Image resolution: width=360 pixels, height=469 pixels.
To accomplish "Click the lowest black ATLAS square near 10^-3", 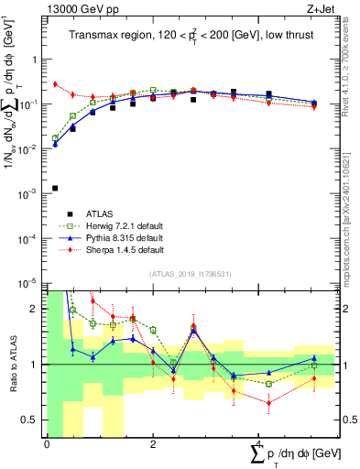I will (x=55, y=188).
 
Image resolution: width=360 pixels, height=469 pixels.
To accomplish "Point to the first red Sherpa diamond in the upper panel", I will (x=55, y=84).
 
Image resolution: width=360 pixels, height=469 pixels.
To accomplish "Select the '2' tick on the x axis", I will (x=153, y=444).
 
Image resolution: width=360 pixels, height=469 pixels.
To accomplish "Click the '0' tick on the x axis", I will (x=47, y=444).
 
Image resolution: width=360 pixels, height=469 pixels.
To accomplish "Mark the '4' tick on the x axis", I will (x=259, y=444).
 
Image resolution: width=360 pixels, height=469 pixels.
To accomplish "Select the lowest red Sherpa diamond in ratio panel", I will (x=268, y=402).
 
